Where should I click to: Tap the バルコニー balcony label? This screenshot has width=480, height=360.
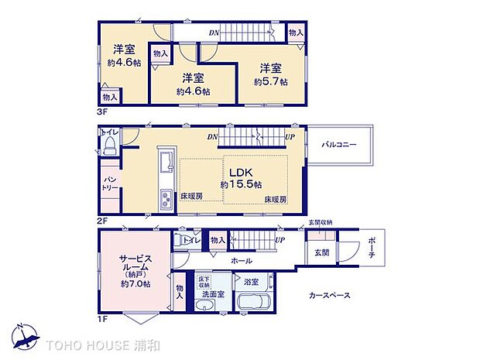click(340, 144)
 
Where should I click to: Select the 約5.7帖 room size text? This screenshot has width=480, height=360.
click(272, 81)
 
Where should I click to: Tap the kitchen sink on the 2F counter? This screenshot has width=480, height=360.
click(166, 164)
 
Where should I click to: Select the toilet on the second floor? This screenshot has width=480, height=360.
click(108, 145)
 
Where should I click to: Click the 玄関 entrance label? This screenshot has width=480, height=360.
click(321, 252)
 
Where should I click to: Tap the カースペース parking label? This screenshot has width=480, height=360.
click(330, 295)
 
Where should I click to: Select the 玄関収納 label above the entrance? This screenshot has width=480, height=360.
click(319, 223)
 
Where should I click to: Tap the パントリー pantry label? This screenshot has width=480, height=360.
click(109, 184)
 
